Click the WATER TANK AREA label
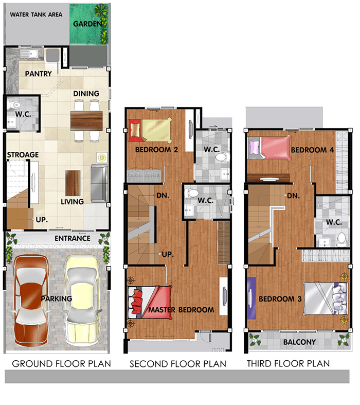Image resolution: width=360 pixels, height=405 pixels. pyautogui.click(x=36, y=15)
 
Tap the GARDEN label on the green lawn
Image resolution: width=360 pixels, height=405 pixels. pyautogui.click(x=87, y=24)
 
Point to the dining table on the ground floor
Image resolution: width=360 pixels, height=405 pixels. pyautogui.click(x=86, y=121)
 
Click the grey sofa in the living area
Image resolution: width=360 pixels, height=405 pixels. pyautogui.click(x=99, y=184)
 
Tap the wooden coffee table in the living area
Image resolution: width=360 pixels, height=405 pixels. pyautogui.click(x=73, y=183)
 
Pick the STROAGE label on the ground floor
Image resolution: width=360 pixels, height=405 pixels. pyautogui.click(x=23, y=155)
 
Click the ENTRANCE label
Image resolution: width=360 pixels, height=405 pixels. pyautogui.click(x=73, y=238)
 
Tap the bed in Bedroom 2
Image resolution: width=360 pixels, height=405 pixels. pyautogui.click(x=150, y=130)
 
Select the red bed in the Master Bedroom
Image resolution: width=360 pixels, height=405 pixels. pyautogui.click(x=150, y=302)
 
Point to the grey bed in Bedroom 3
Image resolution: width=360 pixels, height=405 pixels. pyautogui.click(x=326, y=298)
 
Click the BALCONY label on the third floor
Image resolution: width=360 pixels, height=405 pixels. pyautogui.click(x=299, y=342)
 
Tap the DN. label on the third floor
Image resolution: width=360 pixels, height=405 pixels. pyautogui.click(x=294, y=196)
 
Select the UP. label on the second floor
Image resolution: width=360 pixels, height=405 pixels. pyautogui.click(x=168, y=254)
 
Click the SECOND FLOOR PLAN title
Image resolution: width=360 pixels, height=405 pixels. pyautogui.click(x=178, y=364)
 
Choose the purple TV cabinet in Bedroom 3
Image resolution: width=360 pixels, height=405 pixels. pyautogui.click(x=251, y=298)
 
